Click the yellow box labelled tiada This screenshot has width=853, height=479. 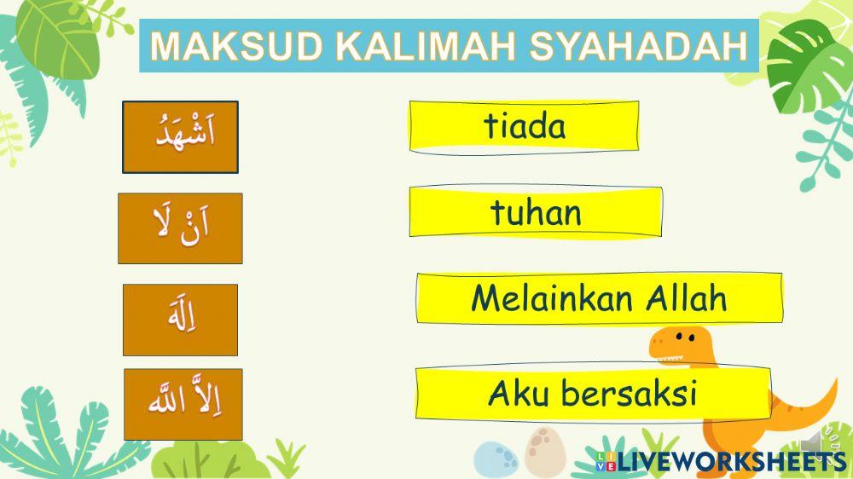(x=524, y=127)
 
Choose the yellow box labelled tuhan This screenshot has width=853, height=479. (x=535, y=212)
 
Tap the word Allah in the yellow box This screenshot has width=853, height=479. (x=686, y=298)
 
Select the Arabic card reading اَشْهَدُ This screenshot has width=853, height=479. (x=180, y=136)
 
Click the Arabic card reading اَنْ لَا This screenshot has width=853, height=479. (x=180, y=228)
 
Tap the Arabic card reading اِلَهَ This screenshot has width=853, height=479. (x=180, y=319)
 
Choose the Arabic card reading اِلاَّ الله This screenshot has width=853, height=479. (x=183, y=403)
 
